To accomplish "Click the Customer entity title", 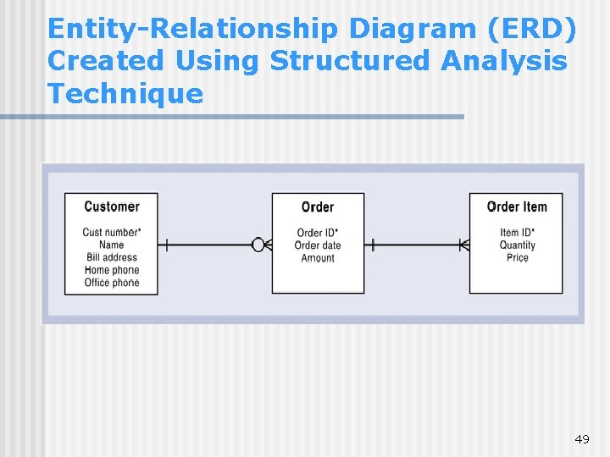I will coord(111,206).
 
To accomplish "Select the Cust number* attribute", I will coord(111,233).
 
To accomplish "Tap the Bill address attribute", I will coord(111,257).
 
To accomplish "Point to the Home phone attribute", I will coord(111,270).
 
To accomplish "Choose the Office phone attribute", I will coord(111,283).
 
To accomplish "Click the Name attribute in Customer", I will coord(111,245).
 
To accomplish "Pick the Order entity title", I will coord(318,207).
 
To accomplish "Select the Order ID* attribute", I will coord(318,233).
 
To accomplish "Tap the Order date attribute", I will coord(318,245).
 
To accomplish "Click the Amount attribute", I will coord(318,258).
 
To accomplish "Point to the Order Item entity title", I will coord(517,206).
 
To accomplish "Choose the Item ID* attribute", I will coord(517,233).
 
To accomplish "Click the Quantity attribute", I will coord(517,245).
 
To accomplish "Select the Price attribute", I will coord(517,258).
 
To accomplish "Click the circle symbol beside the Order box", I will coord(258,245).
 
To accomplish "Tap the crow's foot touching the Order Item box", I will coord(463,245).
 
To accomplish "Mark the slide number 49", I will coord(581,439).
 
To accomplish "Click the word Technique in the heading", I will coord(125,93).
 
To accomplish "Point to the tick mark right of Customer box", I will coord(167,245).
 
